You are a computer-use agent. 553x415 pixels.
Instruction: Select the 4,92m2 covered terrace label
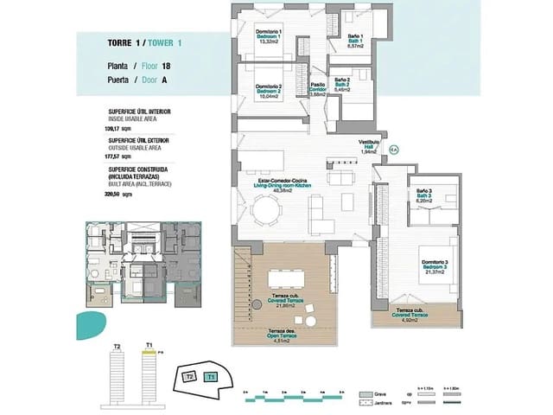click(409, 317)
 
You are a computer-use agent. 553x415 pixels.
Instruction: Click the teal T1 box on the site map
click(210, 377)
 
